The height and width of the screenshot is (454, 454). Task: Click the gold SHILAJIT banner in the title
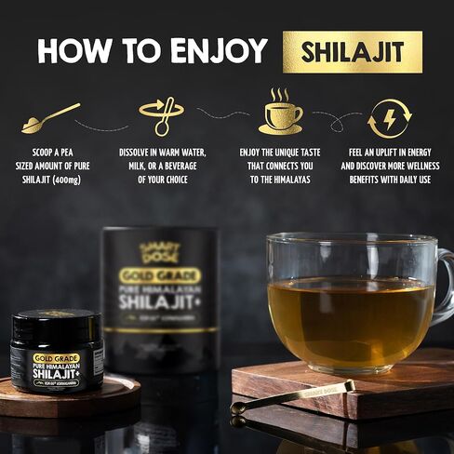(x=353, y=51)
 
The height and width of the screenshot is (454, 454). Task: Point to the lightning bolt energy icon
(x=390, y=119)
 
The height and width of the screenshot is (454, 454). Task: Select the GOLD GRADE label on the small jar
(x=56, y=357)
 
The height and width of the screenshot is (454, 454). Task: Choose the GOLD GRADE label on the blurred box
(x=159, y=275)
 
